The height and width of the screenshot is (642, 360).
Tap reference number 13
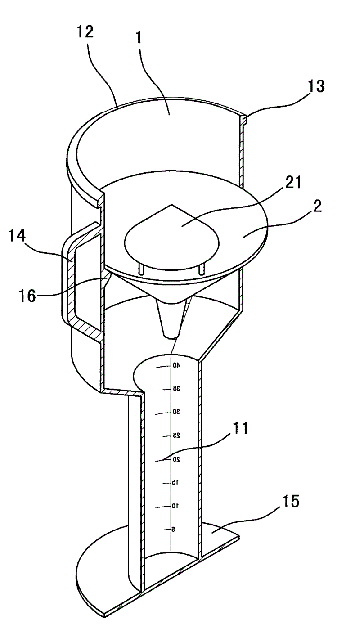pos(316,86)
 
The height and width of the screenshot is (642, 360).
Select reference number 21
pos(293,183)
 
